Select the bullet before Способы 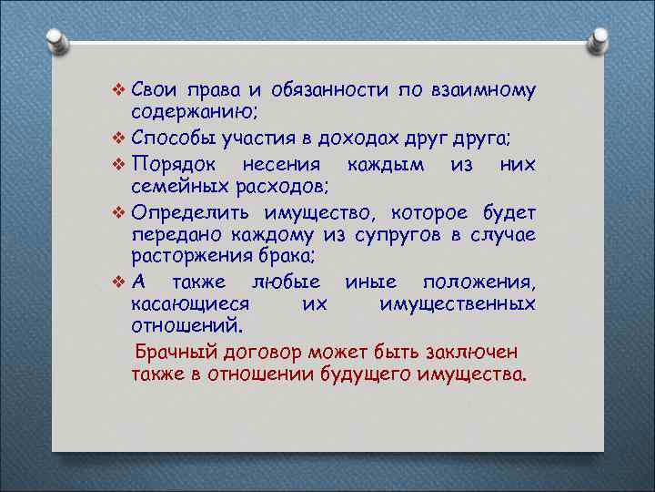117,138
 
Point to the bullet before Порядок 117,164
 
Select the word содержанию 195,113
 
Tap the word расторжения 188,257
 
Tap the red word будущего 368,374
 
